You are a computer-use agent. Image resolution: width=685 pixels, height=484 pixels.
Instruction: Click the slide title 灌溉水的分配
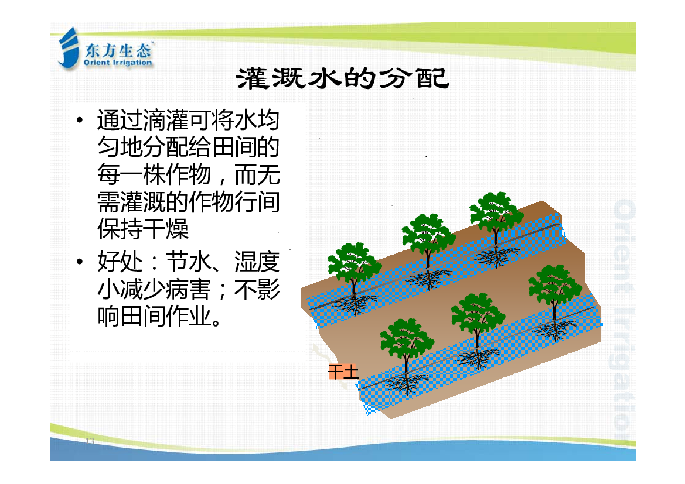click(342, 78)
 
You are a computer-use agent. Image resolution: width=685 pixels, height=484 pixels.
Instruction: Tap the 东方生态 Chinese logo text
click(118, 50)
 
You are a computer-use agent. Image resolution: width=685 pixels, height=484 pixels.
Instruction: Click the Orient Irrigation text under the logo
click(118, 63)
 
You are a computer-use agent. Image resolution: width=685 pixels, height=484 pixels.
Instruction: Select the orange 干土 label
click(343, 372)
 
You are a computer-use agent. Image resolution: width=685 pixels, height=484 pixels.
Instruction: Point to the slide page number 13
click(90, 440)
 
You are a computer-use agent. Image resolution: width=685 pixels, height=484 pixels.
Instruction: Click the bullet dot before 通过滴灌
click(79, 119)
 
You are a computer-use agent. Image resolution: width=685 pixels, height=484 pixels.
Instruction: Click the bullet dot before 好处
click(79, 262)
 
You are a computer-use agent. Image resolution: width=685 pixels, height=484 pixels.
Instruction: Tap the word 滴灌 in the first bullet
click(165, 119)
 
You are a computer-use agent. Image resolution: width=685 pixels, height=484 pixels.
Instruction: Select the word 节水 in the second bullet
click(188, 262)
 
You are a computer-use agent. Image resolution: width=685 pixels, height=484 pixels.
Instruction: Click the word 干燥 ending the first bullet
click(165, 229)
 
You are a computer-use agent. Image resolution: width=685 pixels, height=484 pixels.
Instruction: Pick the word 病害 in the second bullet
click(188, 289)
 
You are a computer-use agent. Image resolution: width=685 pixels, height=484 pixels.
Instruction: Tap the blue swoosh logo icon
click(69, 47)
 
